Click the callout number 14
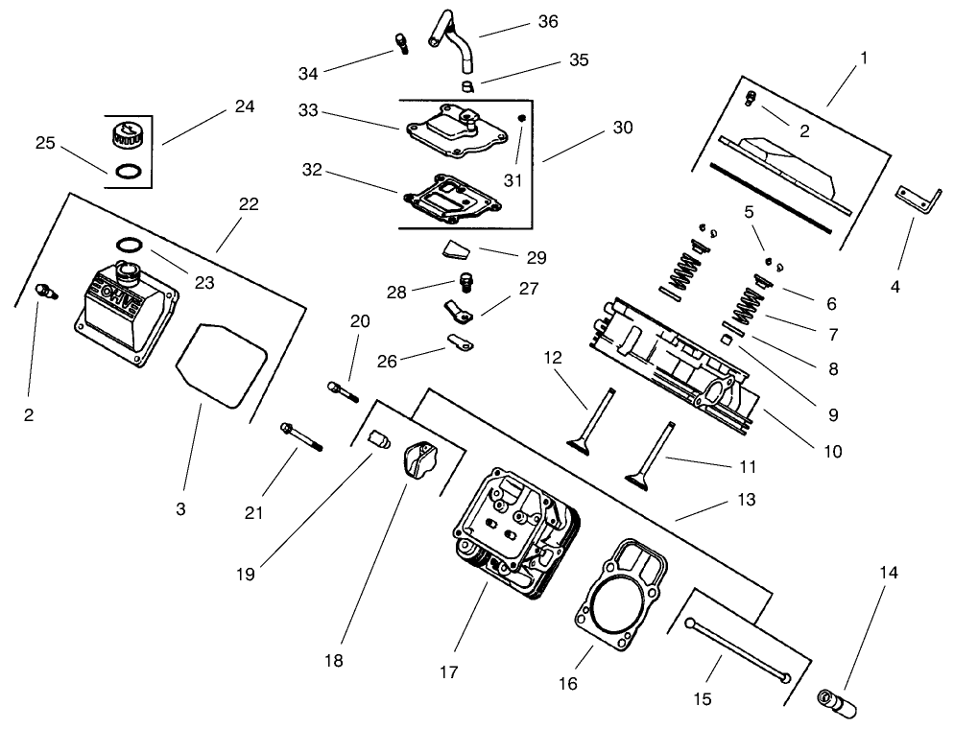[888, 573]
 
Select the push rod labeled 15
[738, 650]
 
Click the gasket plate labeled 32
[452, 196]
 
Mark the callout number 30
[624, 128]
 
